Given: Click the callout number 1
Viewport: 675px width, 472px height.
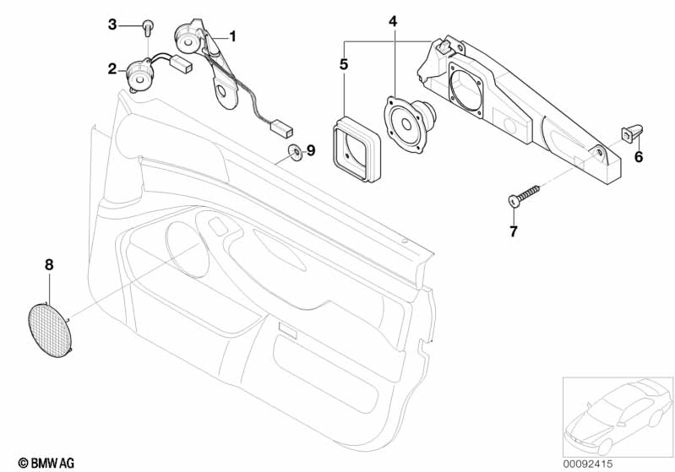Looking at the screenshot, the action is click(x=232, y=36).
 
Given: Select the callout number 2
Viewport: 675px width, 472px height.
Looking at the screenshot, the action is click(x=112, y=68).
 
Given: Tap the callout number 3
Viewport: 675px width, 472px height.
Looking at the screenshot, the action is click(x=112, y=24).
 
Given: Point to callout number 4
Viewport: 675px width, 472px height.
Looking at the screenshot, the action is click(x=393, y=21).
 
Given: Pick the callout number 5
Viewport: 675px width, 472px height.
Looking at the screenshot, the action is click(x=344, y=64).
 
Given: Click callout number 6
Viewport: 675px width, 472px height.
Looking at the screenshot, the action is click(x=639, y=157).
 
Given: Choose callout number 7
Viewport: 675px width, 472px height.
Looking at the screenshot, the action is click(x=513, y=231).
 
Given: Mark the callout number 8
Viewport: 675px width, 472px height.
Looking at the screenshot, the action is click(x=49, y=264).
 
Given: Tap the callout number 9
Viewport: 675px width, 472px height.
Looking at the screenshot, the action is click(x=311, y=150).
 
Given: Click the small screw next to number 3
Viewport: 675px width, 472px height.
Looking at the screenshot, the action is click(x=148, y=27).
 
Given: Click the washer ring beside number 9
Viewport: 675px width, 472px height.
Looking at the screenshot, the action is click(x=296, y=153).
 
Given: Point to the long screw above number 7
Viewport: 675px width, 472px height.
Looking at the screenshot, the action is click(x=524, y=196).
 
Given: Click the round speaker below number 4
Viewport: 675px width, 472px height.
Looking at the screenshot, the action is click(x=409, y=124).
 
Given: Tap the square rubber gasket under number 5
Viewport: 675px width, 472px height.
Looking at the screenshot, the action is click(x=357, y=149).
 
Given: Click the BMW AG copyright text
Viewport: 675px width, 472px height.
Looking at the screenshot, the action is click(x=46, y=463).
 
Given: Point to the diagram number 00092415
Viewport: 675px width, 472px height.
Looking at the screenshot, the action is click(x=588, y=464).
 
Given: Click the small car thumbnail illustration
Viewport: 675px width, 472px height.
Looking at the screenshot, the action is click(x=618, y=417).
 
